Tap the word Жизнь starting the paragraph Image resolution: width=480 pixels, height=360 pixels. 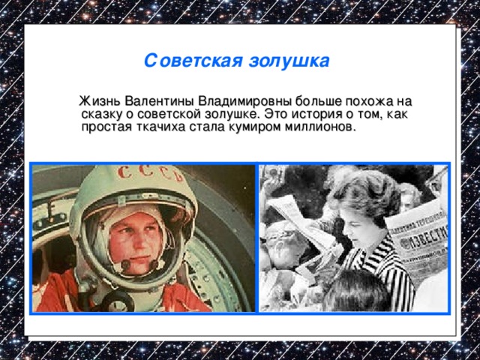[x=101, y=101]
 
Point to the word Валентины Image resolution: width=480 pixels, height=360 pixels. [x=159, y=101]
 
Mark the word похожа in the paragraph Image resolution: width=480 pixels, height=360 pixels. [x=367, y=101]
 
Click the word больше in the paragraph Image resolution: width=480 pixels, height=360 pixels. [x=317, y=101]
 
